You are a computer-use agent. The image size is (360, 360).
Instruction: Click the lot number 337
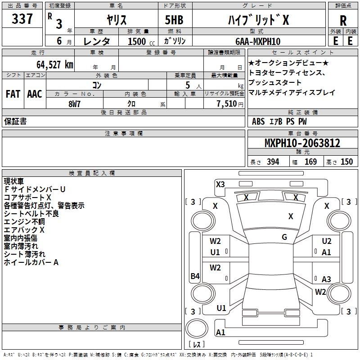point(22,20)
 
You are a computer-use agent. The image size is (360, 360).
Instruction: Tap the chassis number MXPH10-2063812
point(302,144)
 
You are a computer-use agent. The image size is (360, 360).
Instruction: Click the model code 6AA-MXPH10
point(258,41)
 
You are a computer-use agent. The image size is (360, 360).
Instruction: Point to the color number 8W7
point(75,103)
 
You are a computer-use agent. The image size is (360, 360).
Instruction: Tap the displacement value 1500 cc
point(138,41)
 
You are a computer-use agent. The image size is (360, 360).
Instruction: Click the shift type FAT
point(13,94)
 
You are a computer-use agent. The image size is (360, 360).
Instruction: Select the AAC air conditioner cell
point(35,94)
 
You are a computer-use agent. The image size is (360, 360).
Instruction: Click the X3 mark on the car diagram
point(220,184)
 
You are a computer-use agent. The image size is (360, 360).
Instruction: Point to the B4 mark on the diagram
point(195,276)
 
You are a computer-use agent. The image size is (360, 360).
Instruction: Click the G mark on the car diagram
point(284,237)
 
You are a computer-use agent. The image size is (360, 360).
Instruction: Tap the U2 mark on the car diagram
point(327,241)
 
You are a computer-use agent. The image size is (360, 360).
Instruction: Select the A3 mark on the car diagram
point(326,279)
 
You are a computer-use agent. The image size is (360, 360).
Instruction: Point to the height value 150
point(346,162)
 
